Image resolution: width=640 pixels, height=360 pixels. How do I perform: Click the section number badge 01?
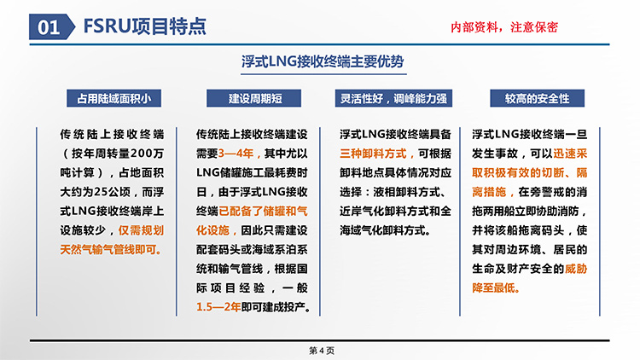coord(52,27)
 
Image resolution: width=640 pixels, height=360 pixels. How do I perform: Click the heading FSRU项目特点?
coord(145,26)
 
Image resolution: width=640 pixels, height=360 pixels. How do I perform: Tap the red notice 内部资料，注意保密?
coord(504,27)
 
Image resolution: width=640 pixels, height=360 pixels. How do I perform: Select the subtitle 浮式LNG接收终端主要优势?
coord(323,61)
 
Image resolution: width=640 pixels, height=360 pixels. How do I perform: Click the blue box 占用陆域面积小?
coord(113,98)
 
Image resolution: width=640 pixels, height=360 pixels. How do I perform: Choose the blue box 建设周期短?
coord(254,98)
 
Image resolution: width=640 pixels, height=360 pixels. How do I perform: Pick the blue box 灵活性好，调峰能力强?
coord(393,98)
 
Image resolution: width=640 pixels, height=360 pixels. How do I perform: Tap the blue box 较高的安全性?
coord(537,98)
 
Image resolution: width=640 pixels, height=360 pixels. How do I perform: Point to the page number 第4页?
coord(322,351)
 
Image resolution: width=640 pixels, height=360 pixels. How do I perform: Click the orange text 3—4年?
coord(236,154)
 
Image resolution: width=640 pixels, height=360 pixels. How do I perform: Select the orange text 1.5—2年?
coord(218,307)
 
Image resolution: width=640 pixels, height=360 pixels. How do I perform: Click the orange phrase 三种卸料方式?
coord(373,154)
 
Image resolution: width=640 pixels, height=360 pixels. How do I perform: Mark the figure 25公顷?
coord(113,192)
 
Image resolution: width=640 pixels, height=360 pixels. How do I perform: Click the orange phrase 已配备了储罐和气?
coord(264,211)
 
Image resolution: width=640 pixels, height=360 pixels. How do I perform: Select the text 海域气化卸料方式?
coord(382,230)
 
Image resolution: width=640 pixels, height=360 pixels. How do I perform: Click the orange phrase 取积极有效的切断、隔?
coord(529,172)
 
